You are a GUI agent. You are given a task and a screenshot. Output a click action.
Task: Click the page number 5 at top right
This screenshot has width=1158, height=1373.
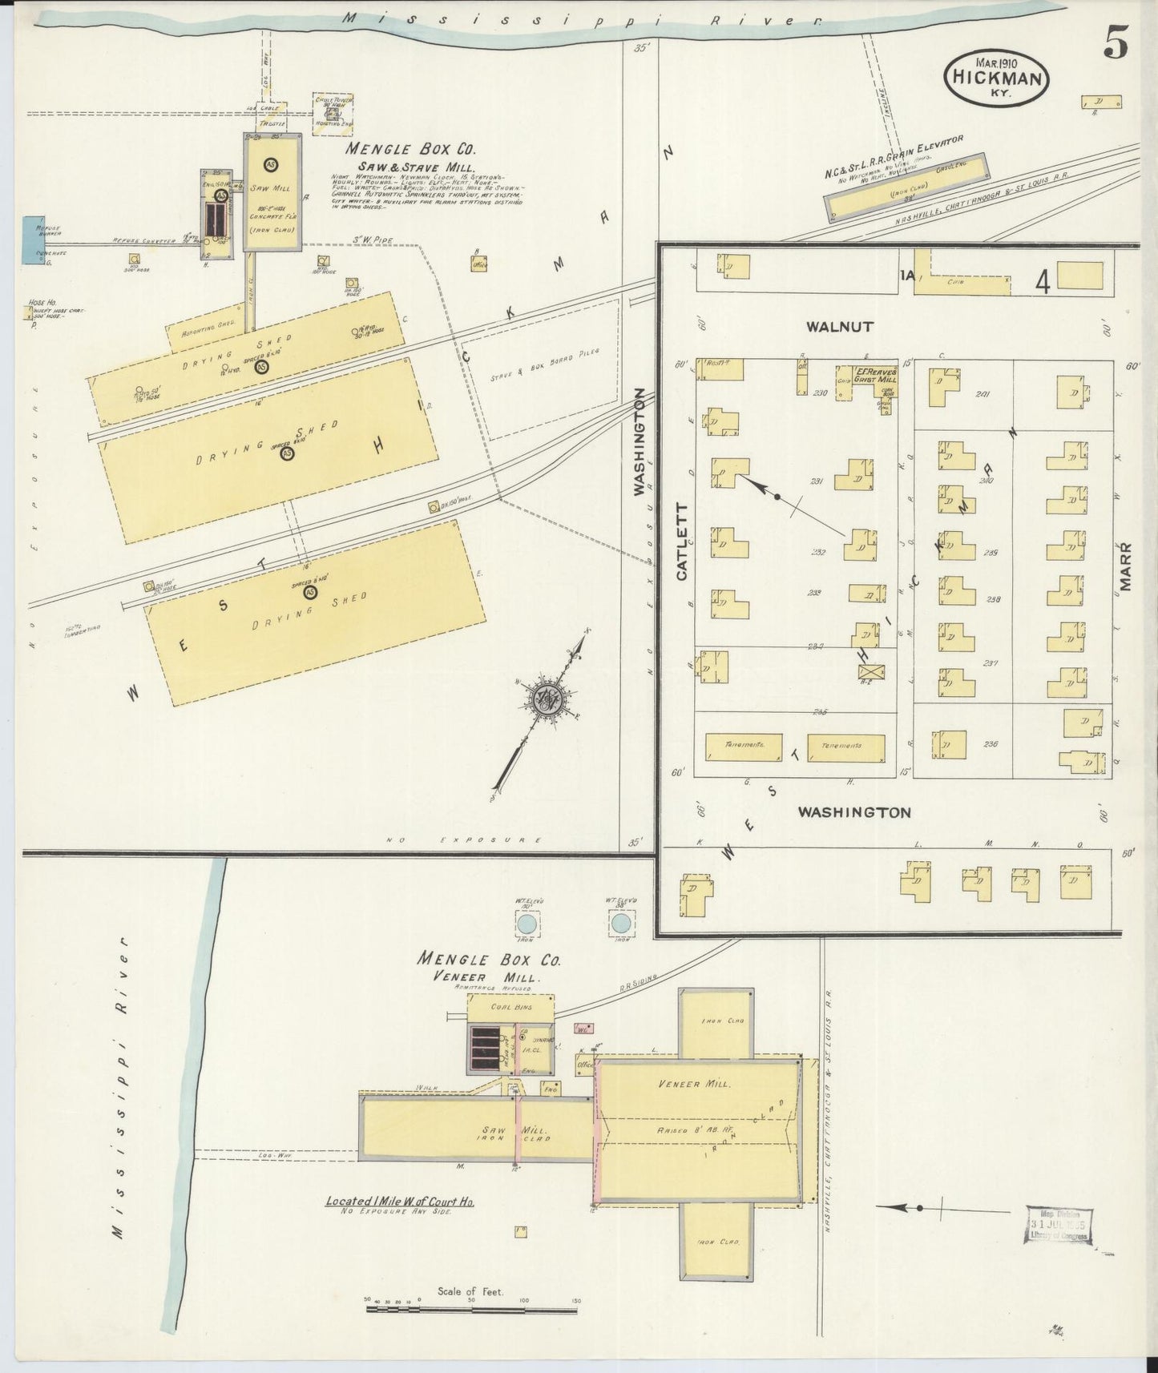(x=1116, y=43)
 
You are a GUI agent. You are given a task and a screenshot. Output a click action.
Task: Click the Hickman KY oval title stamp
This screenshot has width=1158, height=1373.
(x=997, y=78)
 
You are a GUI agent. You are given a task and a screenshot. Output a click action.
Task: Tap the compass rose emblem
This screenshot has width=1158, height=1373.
(x=551, y=699)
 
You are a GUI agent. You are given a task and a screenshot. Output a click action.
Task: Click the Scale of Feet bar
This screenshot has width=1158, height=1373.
(x=471, y=1310)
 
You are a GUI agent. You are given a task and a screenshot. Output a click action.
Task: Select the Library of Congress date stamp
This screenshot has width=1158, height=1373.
(x=1059, y=1224)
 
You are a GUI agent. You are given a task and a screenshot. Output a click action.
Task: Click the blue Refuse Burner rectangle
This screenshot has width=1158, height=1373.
(x=34, y=239)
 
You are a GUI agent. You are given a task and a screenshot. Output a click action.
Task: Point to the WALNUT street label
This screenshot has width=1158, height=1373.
(x=839, y=327)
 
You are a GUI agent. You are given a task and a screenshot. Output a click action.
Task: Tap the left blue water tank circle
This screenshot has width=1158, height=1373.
(x=527, y=924)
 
